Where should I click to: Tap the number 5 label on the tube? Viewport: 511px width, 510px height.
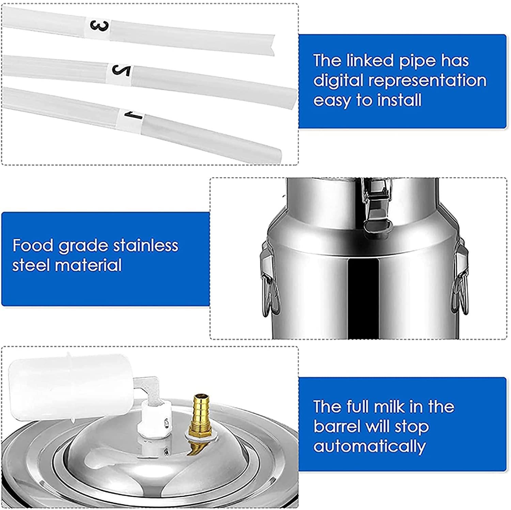pos(122,70)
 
